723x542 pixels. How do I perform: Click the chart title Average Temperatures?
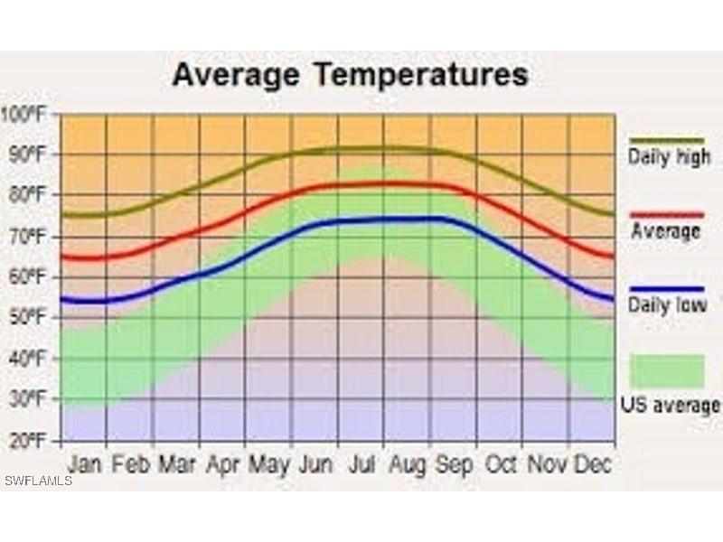click(350, 74)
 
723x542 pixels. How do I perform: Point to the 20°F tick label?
click(27, 441)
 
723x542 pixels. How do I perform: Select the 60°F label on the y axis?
click(27, 277)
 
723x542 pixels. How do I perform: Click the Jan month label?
click(85, 464)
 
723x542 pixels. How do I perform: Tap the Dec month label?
click(593, 464)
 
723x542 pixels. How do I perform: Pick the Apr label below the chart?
click(222, 464)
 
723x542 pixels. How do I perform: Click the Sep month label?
click(454, 464)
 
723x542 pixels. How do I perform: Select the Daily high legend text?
click(670, 157)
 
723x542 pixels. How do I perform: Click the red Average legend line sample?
click(667, 214)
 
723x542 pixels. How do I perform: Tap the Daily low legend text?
click(668, 306)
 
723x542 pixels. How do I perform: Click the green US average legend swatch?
click(667, 371)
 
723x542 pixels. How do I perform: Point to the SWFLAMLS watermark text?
click(38, 480)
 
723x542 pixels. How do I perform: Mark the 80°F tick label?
click(27, 195)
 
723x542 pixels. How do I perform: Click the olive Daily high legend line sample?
click(667, 140)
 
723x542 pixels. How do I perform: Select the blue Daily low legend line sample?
click(667, 289)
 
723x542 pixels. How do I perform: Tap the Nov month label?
click(546, 464)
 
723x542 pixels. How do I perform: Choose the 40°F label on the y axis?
click(27, 359)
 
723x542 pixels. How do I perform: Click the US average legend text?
click(670, 406)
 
